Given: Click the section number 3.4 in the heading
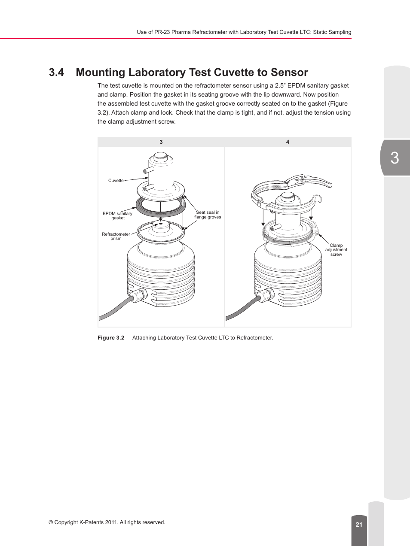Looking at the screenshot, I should pos(56,73).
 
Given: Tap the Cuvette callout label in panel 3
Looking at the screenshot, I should pos(116,181).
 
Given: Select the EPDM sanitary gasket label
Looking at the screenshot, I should pos(117,215).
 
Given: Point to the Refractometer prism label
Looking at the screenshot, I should pos(116,236).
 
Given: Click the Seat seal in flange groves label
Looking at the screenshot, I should pos(208,215).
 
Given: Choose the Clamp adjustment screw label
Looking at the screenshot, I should pos(336,250).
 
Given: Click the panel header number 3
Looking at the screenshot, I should pos(161,142).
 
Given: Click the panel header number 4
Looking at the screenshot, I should pos(288,142).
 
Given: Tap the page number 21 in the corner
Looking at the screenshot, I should pos(359,525).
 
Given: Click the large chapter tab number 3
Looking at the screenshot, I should pos(395,158).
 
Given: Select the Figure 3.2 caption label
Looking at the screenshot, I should pos(111,338).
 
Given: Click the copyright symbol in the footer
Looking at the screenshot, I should pos(51,522).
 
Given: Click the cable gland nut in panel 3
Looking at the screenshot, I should pos(138,296).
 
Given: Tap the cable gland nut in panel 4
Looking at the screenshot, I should pos(265,296).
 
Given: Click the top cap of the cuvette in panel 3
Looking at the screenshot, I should pos(160,157).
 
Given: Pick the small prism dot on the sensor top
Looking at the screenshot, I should pos(161,224).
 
